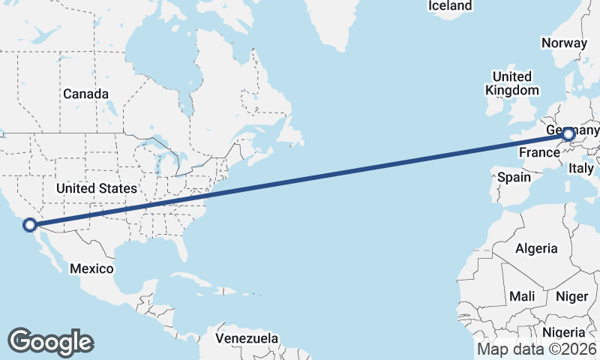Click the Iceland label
[450, 6]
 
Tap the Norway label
[563, 43]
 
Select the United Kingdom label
[512, 83]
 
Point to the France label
[540, 152]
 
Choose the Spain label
[514, 178]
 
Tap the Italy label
[581, 167]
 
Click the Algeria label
[536, 248]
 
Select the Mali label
[522, 296]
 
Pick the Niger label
[571, 296]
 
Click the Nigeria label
[562, 332]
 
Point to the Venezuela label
[247, 338]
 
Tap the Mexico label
[91, 268]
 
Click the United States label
[97, 188]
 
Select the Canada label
[85, 94]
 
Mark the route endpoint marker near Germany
[568, 135]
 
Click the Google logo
[50, 342]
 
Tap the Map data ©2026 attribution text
[537, 349]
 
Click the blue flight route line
[300, 179]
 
